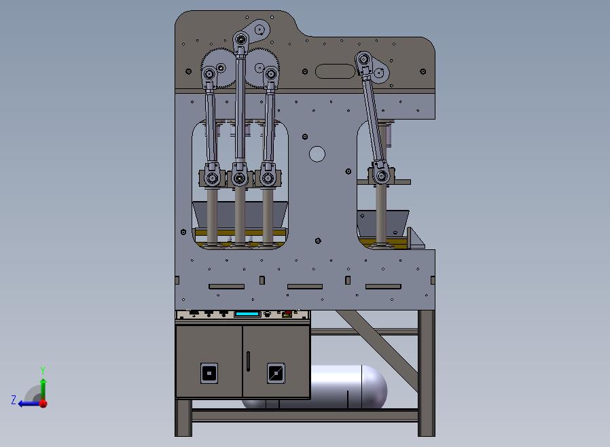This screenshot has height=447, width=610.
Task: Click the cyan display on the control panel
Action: (247, 314)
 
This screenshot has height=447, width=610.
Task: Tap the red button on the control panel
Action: (288, 312)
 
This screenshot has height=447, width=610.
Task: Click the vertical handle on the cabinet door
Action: (248, 361)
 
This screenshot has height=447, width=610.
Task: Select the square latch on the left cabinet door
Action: (209, 373)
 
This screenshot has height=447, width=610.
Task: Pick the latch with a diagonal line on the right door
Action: (276, 373)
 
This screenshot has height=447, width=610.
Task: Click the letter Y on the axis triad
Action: (43, 370)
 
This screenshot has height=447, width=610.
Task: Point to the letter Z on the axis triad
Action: (14, 399)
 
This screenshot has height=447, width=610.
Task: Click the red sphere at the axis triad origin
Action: (43, 404)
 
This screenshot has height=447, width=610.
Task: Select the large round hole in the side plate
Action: (317, 154)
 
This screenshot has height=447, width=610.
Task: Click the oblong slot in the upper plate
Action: (335, 71)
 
